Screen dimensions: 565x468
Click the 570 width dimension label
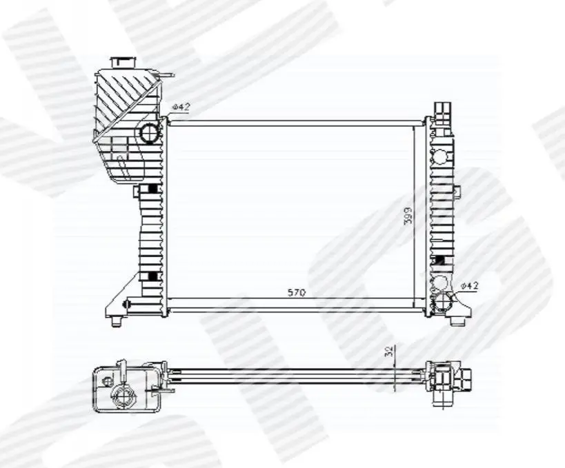297,292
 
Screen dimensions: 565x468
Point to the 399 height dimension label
408,216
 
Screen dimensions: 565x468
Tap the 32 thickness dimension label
389,351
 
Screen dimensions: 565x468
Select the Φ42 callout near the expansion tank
181,107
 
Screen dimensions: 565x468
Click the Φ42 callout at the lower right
470,286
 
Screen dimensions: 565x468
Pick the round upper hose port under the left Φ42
148,132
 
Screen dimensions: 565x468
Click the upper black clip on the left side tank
152,189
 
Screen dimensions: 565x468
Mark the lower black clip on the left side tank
152,276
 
